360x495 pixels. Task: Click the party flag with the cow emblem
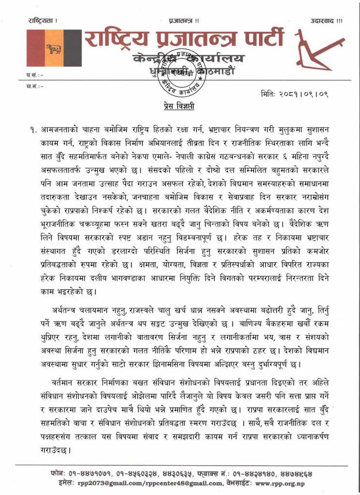click(x=53, y=48)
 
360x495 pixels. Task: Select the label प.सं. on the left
click(x=34, y=76)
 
